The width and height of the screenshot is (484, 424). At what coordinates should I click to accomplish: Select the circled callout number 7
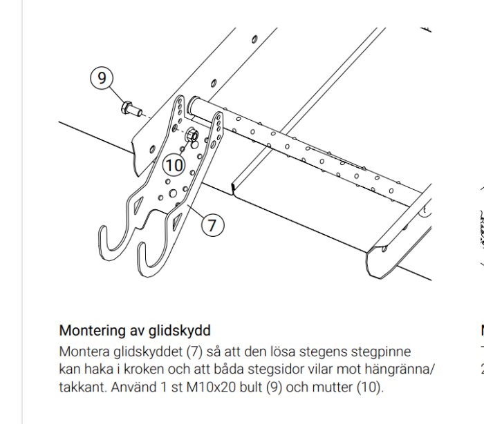[x=212, y=224]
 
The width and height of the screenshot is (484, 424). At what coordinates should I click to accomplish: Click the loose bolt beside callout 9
[x=130, y=108]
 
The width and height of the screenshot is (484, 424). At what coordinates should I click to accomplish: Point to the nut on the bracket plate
[x=192, y=134]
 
